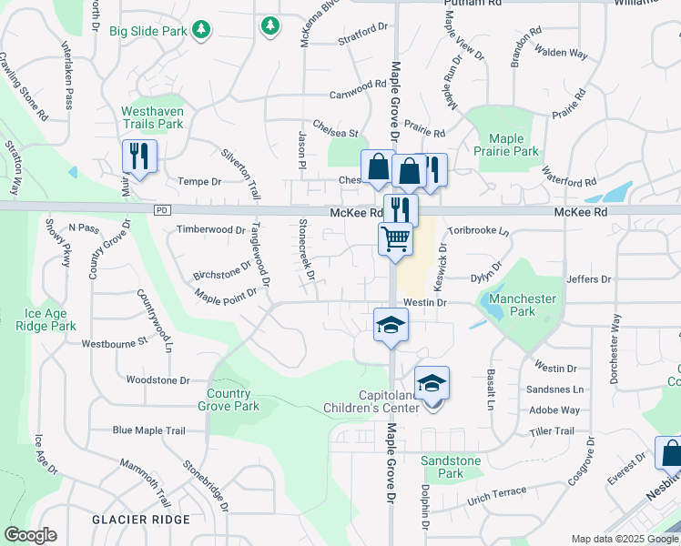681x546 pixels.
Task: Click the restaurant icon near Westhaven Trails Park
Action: pos(139,156)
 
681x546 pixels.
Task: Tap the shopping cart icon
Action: pos(396,239)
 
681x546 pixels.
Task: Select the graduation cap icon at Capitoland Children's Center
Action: pos(432,383)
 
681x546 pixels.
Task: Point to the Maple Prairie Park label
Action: pos(513,146)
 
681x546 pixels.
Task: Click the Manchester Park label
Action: pos(523,305)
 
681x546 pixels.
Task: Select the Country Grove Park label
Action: pos(229,400)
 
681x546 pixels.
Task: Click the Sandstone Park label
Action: pos(451,467)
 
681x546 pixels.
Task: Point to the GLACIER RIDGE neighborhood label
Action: pos(141,519)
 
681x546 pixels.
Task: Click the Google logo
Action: pos(30,535)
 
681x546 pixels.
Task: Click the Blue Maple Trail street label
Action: pos(148,430)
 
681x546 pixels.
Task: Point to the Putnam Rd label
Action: pos(473,4)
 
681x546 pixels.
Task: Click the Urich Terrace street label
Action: pos(496,497)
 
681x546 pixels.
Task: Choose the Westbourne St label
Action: pos(114,343)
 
